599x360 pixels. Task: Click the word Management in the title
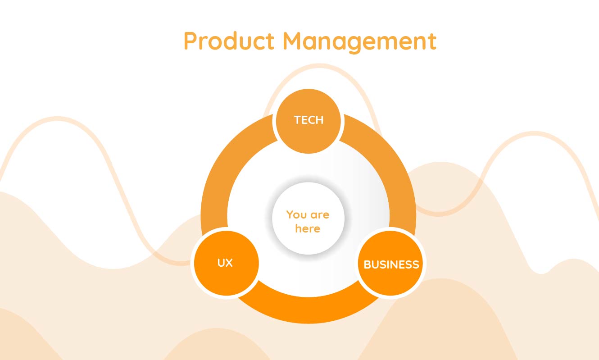[360, 42]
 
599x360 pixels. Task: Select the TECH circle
[309, 121]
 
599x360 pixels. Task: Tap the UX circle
[226, 263]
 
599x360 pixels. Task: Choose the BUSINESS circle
[390, 263]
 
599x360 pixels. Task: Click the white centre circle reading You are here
[309, 218]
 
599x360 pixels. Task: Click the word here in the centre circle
[308, 229]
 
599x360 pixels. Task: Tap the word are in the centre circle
[320, 215]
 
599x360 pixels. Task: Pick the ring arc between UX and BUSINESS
[309, 310]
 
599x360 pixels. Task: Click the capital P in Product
[191, 41]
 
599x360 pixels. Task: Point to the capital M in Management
[293, 41]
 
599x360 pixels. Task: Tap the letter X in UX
[229, 263]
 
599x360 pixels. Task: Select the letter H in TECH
[319, 120]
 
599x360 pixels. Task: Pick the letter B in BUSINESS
[367, 264]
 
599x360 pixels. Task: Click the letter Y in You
[290, 214]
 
